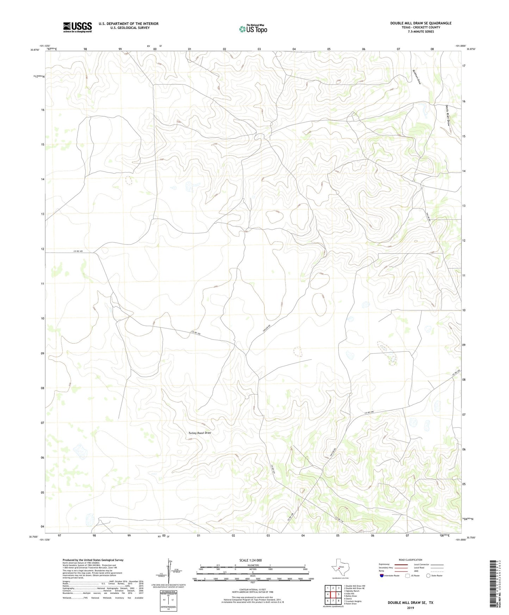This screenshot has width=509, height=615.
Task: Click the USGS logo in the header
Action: pyautogui.click(x=77, y=27)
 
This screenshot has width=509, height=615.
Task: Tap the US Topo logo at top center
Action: pyautogui.click(x=253, y=29)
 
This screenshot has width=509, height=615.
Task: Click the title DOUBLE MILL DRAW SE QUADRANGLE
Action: pyautogui.click(x=421, y=23)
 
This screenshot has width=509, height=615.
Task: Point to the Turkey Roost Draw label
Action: pyautogui.click(x=199, y=433)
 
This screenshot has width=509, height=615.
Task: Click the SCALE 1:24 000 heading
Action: pyautogui.click(x=250, y=560)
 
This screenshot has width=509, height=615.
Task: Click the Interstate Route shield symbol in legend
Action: pyautogui.click(x=381, y=576)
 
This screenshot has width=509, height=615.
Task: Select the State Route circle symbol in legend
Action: pyautogui.click(x=428, y=576)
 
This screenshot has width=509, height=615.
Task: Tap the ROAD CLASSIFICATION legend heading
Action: pyautogui.click(x=410, y=560)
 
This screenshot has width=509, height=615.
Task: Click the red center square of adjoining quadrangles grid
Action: pyautogui.click(x=333, y=595)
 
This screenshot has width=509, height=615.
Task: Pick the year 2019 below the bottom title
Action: pyautogui.click(x=410, y=608)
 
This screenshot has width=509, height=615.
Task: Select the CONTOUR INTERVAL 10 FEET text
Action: pyautogui.click(x=252, y=590)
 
